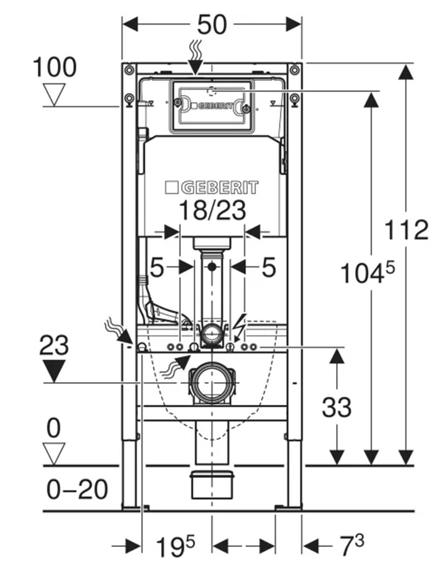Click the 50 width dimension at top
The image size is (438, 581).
[x=212, y=25]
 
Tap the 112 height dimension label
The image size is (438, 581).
[x=407, y=230]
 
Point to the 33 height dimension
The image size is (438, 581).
[x=336, y=407]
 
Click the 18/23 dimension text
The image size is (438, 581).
[x=212, y=211]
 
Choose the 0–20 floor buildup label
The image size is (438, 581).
[x=77, y=489]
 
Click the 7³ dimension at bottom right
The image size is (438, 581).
[x=352, y=545]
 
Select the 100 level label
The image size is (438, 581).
[x=55, y=67]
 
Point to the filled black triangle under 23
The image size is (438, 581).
[x=54, y=371]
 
